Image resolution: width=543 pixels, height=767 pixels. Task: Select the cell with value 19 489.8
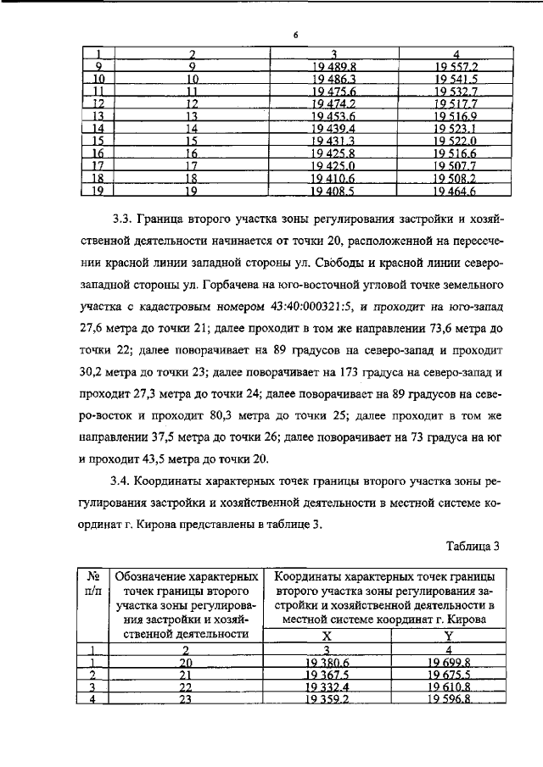[332, 65]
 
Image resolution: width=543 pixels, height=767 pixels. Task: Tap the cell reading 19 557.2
[455, 65]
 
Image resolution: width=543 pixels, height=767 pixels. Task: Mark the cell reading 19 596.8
[450, 700]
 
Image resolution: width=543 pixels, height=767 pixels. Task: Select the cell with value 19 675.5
[450, 675]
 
